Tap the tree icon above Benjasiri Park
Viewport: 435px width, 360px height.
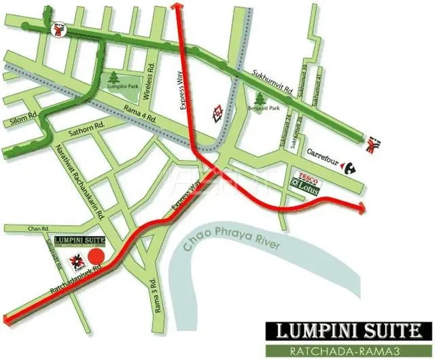(x=258, y=99)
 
